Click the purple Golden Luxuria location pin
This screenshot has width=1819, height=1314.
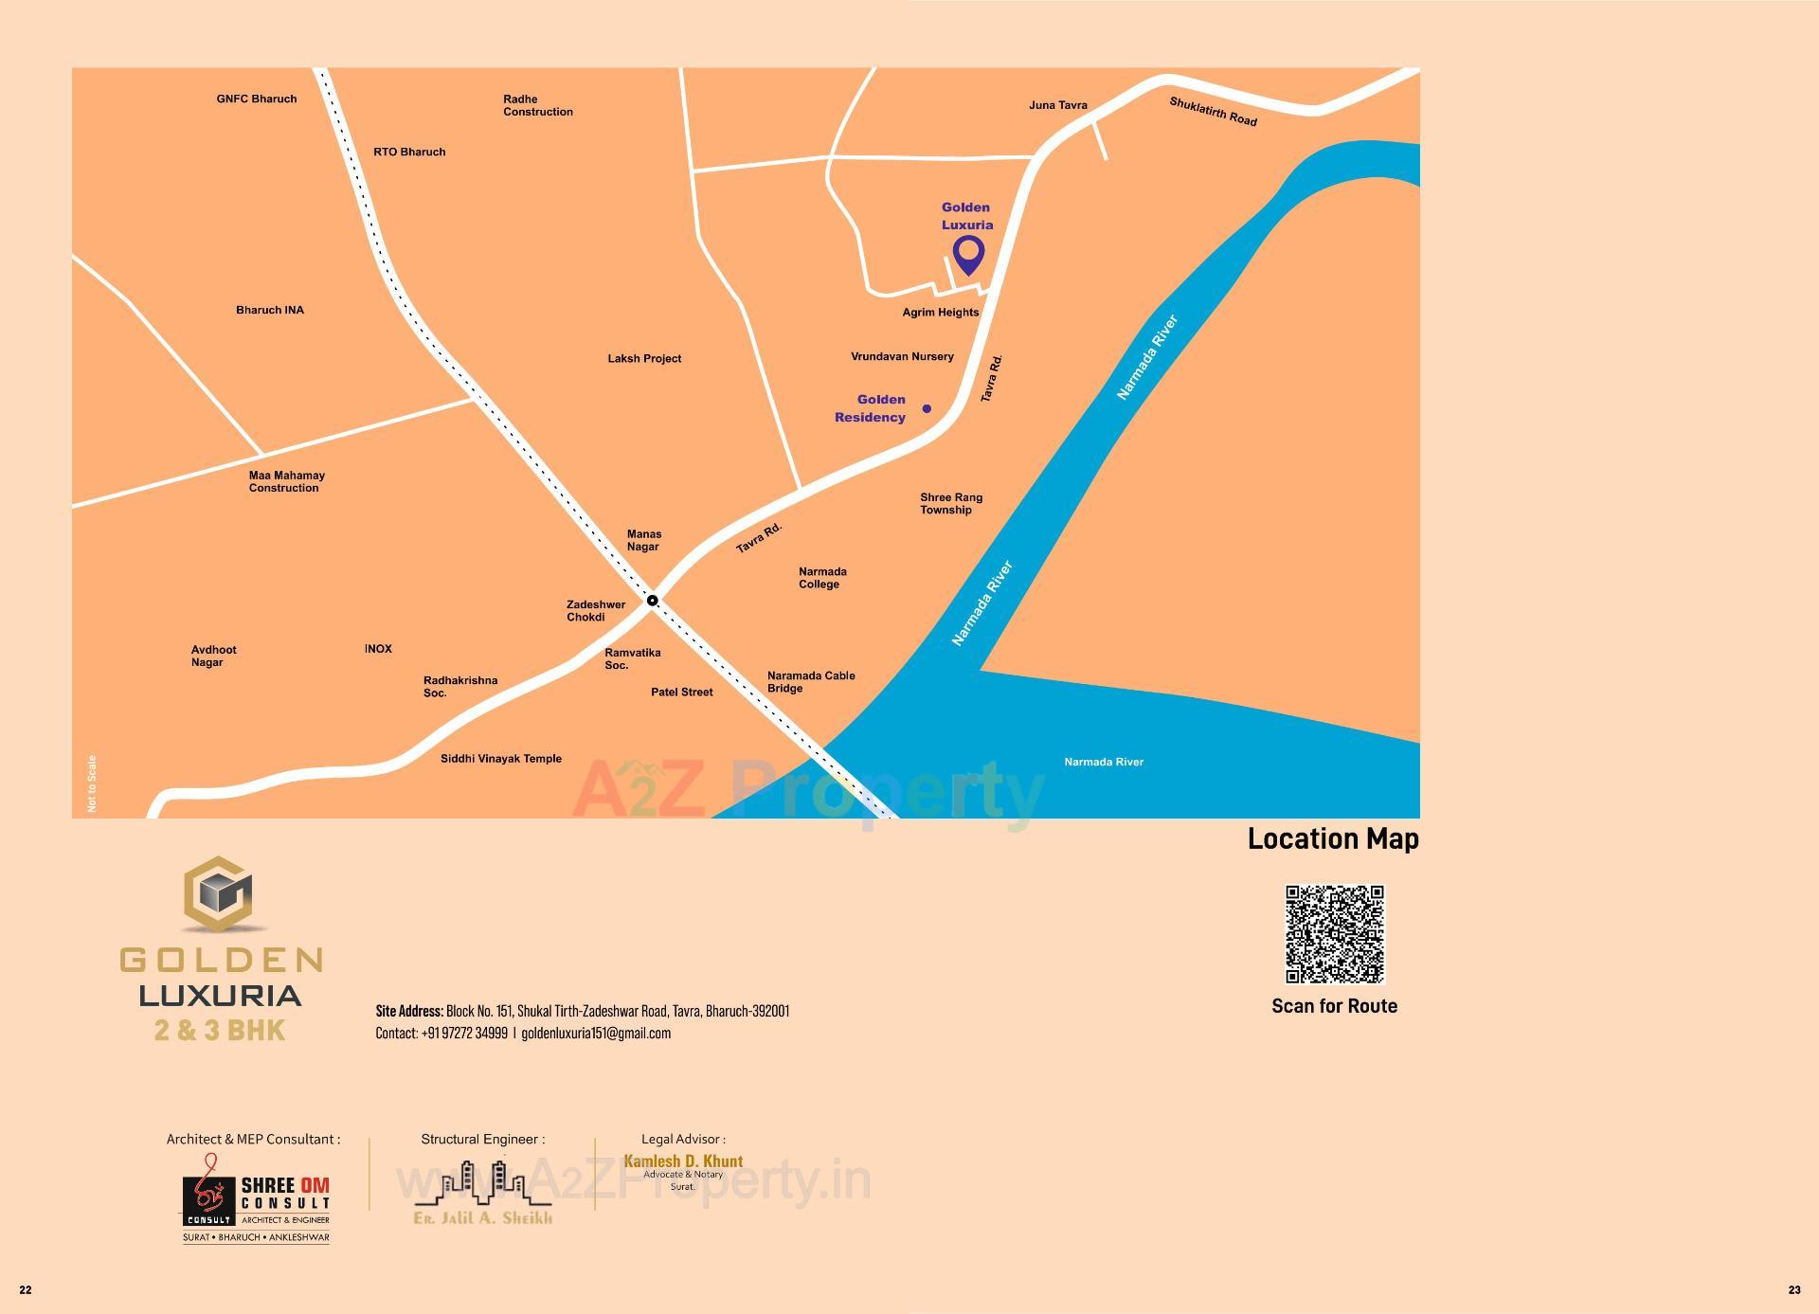click(968, 254)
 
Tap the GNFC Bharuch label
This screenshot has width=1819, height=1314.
click(256, 99)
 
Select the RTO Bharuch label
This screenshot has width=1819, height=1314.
click(409, 152)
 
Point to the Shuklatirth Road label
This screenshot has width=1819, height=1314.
click(1213, 112)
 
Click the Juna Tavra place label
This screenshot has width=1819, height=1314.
click(1057, 105)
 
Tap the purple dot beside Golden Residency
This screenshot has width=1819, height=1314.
click(927, 409)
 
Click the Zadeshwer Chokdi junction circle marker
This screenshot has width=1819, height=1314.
click(652, 601)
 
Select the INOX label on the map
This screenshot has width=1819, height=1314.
click(378, 649)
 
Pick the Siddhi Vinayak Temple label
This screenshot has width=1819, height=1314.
click(501, 759)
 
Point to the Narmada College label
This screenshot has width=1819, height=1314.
click(821, 578)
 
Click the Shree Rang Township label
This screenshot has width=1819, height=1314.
click(950, 503)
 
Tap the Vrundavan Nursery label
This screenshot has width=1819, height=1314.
click(902, 357)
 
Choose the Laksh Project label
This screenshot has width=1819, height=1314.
click(644, 359)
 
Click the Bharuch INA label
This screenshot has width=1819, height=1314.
click(270, 310)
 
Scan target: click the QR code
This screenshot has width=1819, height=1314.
click(1334, 934)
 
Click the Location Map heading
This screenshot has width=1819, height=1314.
click(1332, 838)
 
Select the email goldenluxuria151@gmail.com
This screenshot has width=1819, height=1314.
click(596, 1034)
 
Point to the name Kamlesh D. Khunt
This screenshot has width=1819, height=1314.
click(683, 1161)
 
